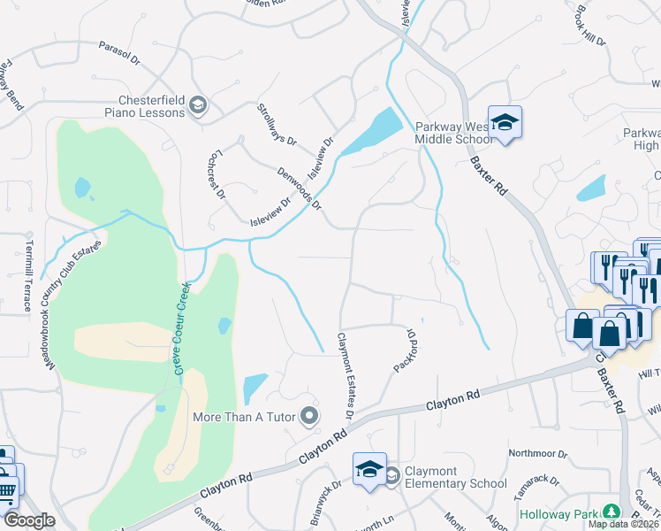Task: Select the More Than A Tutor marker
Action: tap(308, 415)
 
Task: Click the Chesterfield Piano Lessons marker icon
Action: tap(198, 105)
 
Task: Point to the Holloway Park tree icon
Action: tap(610, 512)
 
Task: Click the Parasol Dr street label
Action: tap(119, 53)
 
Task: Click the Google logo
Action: tap(28, 520)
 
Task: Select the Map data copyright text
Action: tap(624, 524)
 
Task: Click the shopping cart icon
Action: tap(7, 490)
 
